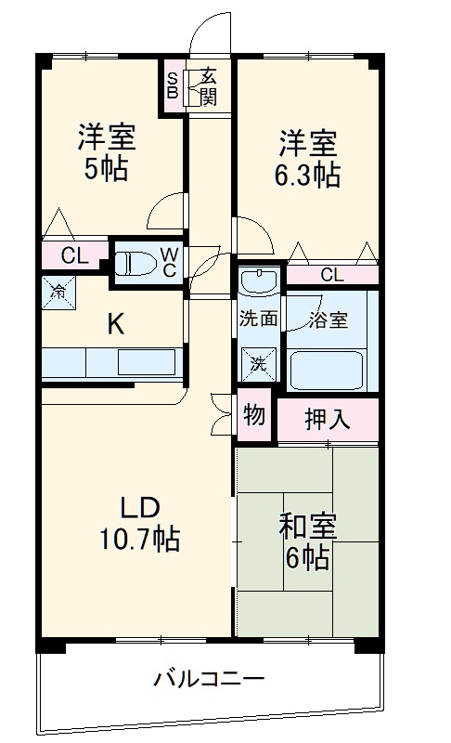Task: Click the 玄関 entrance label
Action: [x=209, y=85]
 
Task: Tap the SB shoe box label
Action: [x=173, y=85]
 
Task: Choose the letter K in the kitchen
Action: [x=115, y=324]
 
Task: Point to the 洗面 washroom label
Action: [x=259, y=319]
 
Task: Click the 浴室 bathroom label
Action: [x=329, y=319]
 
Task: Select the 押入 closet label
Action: [x=328, y=419]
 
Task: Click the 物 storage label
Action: [x=254, y=415]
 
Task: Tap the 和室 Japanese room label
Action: [x=308, y=528]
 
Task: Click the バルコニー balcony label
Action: [x=209, y=678]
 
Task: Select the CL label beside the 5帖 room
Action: [x=75, y=256]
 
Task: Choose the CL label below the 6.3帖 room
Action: [x=331, y=274]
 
